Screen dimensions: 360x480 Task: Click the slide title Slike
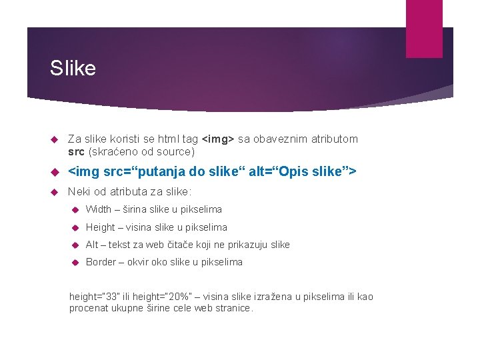point(73,68)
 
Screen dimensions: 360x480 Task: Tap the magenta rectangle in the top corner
point(424,29)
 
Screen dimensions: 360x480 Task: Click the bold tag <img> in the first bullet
point(217,139)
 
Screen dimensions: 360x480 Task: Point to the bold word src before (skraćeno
point(76,151)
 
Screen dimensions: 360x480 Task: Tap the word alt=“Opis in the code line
point(271,172)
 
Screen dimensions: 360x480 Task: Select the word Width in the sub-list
point(99,210)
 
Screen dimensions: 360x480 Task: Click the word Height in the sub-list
point(101,227)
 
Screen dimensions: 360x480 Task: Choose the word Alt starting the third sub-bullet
point(92,245)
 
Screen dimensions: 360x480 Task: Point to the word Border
point(101,262)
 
